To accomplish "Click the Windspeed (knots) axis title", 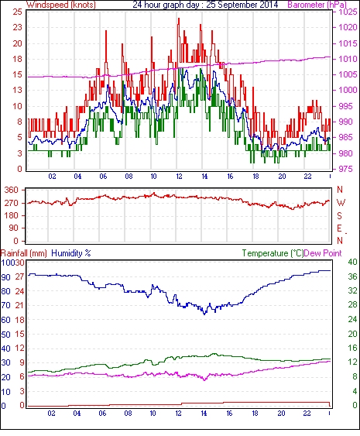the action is (x=61, y=5).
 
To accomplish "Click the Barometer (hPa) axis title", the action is (x=317, y=5).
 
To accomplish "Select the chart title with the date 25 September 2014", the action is (x=205, y=5).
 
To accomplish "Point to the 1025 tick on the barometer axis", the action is (x=348, y=12).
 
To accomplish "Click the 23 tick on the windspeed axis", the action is (x=17, y=28).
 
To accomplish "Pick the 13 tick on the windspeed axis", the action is (x=17, y=90).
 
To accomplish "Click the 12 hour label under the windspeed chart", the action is (x=179, y=177).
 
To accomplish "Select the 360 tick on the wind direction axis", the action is (x=12, y=191).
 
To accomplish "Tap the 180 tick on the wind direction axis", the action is (x=12, y=215).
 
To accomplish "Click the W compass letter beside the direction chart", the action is (x=341, y=203).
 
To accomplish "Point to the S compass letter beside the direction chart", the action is (x=339, y=215).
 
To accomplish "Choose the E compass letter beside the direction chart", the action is (x=339, y=228).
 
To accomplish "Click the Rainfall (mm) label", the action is (x=24, y=253).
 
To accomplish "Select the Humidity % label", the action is (x=71, y=253).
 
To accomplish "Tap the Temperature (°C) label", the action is (x=273, y=253).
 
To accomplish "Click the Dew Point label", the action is (x=323, y=253).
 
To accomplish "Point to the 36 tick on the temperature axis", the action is (x=352, y=276).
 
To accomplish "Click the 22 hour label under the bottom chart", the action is (x=307, y=414).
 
